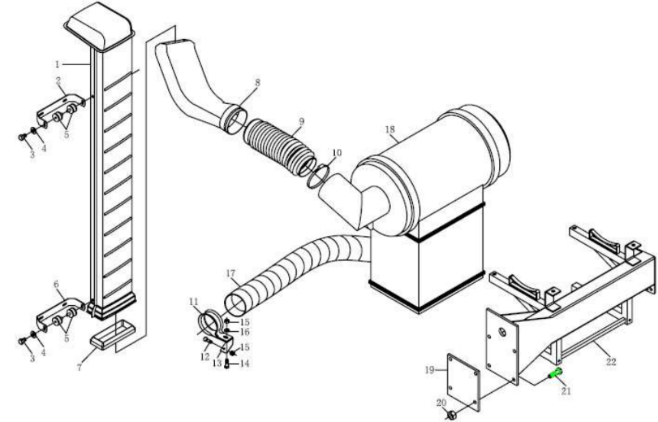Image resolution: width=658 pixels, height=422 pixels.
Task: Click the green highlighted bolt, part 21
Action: [x=556, y=373]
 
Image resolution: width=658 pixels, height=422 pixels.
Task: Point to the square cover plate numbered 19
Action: [x=463, y=380]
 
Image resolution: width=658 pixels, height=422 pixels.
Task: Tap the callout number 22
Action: [x=611, y=362]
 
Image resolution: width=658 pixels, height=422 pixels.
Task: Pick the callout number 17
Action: [x=230, y=274]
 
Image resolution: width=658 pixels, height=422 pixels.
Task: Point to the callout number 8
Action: [x=257, y=82]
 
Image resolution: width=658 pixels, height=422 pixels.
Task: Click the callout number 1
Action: [x=57, y=64]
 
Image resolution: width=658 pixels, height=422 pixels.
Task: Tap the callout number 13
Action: [x=217, y=363]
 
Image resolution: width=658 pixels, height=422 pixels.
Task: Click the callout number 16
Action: [x=245, y=332]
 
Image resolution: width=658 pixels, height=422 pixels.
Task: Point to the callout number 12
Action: [x=205, y=356]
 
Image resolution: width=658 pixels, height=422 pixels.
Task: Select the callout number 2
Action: [x=58, y=80]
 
